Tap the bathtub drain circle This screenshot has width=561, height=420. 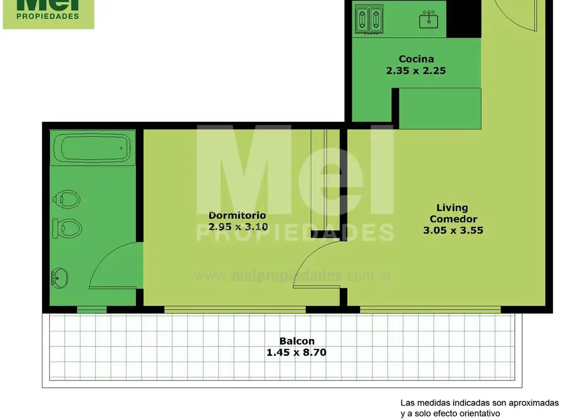tap(121, 148)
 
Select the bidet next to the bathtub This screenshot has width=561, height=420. tap(66, 199)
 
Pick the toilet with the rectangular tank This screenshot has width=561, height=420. tap(67, 228)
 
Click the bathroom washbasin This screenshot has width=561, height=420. tap(59, 278)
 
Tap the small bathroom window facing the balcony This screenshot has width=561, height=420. tap(92, 310)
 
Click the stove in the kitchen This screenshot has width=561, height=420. tap(369, 19)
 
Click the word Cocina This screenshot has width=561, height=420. tap(416, 59)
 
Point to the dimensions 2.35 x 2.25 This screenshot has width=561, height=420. tap(416, 71)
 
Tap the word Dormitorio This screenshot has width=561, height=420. tap(237, 215)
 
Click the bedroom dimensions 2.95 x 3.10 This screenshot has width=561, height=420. tap(238, 227)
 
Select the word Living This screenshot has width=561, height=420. tap(452, 208)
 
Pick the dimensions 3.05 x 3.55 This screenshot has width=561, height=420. tap(453, 230)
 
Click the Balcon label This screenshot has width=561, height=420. tap(297, 341)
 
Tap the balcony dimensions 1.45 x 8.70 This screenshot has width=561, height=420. tap(296, 353)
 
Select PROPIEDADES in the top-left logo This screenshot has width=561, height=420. tap(48, 16)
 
